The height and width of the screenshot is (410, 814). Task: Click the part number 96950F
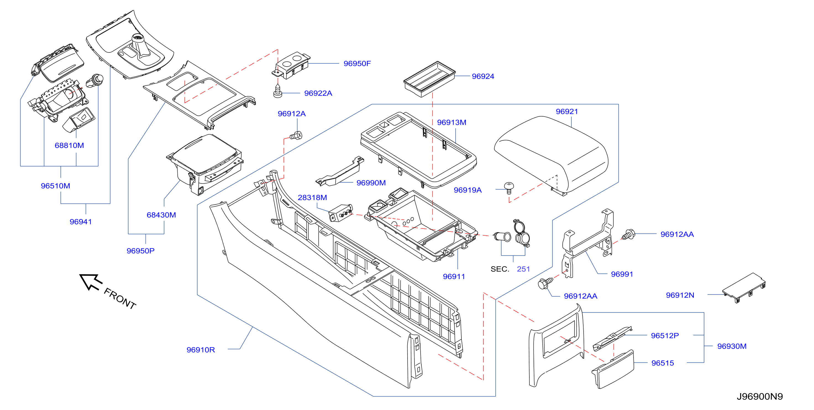(x=357, y=64)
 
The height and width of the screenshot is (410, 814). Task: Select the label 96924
(x=482, y=76)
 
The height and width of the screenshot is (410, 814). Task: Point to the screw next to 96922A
(x=277, y=91)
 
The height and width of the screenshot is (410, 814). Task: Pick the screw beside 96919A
(x=509, y=188)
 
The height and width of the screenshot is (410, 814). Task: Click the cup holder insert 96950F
(x=291, y=66)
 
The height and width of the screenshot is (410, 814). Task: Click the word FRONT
(x=120, y=298)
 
